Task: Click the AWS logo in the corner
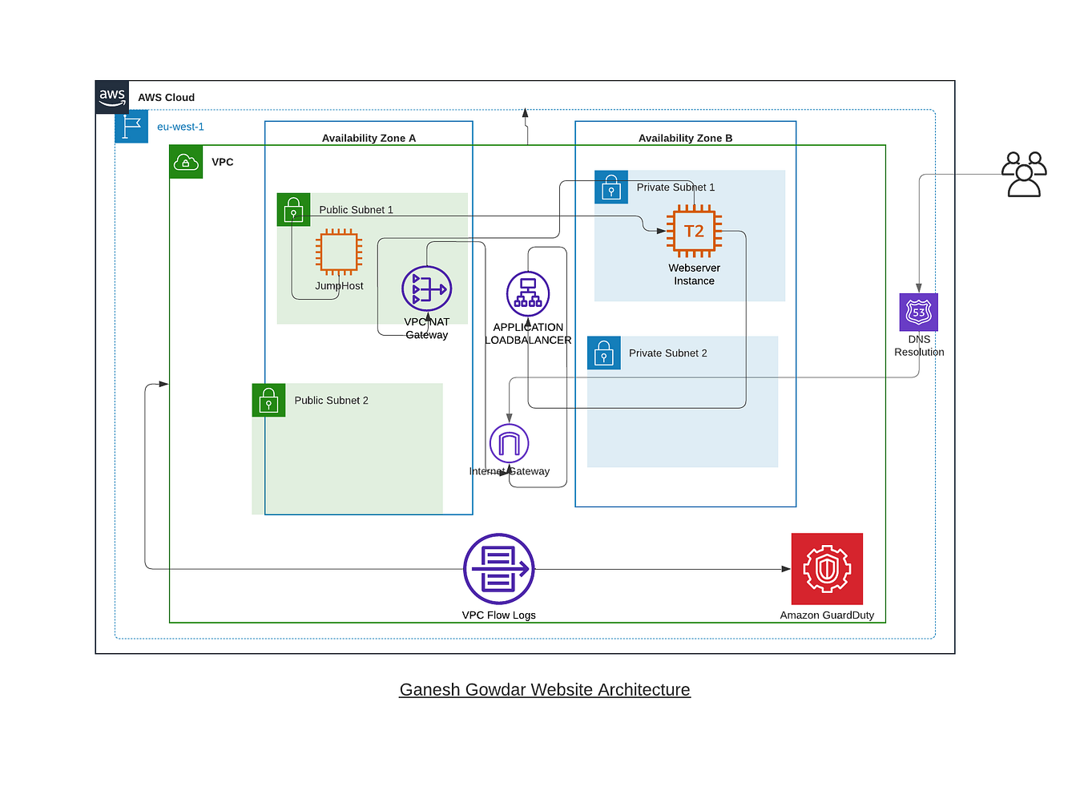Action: pos(112,97)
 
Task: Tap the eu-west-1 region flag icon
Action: pos(131,127)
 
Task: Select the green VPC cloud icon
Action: pos(186,162)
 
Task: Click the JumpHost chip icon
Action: pos(339,252)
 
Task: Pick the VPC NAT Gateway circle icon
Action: pos(426,289)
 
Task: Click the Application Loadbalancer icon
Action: pos(528,293)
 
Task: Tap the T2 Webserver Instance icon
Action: pos(694,231)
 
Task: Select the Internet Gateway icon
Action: pos(509,443)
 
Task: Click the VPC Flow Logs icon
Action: pos(498,569)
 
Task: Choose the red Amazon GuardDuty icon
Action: pos(827,569)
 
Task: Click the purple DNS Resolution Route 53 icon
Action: pos(918,312)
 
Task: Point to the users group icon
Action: pos(1024,174)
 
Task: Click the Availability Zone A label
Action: pos(369,138)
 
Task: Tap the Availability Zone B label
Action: pos(685,138)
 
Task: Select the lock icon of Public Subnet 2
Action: pos(268,400)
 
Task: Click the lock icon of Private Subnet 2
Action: pos(603,353)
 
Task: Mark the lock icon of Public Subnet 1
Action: pos(293,209)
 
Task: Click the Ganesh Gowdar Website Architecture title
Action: pos(545,689)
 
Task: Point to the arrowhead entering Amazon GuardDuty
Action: pos(786,569)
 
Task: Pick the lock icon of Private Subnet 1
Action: pos(610,187)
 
